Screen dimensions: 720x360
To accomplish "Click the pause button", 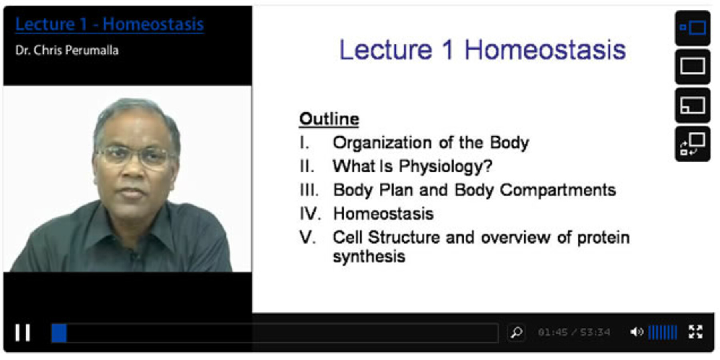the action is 23,332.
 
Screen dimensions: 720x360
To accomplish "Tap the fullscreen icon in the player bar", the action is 696,332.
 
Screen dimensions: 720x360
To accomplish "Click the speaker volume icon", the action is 637,332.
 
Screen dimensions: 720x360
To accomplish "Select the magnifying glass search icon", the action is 516,332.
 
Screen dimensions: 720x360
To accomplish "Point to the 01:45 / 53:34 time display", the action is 574,332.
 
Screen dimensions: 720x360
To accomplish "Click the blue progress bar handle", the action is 59,333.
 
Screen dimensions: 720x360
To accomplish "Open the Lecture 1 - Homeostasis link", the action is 110,24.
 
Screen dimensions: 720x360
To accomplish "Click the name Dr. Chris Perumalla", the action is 67,50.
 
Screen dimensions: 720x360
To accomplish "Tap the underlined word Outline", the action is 329,119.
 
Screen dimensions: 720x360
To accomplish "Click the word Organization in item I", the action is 382,143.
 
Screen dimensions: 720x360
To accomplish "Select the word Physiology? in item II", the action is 446,166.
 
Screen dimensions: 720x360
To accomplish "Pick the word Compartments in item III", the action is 558,190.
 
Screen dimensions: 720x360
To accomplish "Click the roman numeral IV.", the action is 310,214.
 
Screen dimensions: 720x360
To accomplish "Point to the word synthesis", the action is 369,256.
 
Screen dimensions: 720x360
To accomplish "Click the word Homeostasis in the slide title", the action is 545,50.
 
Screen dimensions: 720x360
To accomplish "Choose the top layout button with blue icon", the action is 692,28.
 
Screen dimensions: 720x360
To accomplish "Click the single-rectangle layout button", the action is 692,66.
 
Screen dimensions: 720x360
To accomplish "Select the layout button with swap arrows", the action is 692,144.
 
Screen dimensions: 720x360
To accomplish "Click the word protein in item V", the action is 604,238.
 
